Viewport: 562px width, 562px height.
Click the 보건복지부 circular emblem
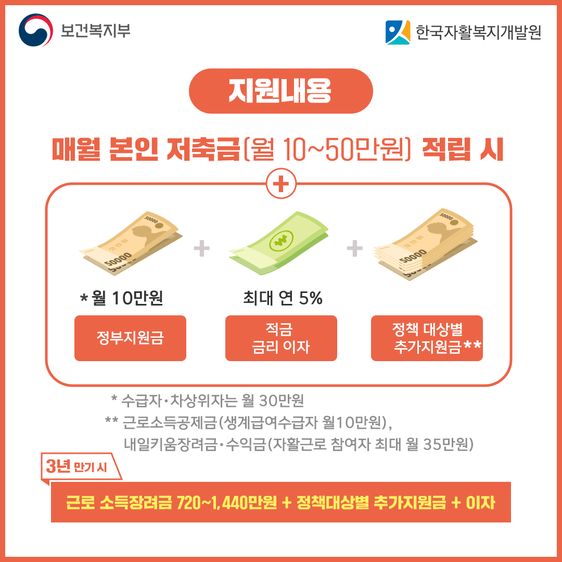pos(36,30)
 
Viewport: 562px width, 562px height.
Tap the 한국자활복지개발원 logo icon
pos(398,32)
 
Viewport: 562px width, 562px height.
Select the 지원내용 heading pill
pos(280,91)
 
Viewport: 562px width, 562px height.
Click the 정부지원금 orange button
pos(130,338)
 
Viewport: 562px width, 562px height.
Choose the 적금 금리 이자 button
pos(281,338)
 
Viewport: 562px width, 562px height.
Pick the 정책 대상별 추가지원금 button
pos(427,338)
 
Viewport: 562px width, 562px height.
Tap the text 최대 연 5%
pos(283,299)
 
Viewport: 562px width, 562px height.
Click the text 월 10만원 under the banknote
pos(127,299)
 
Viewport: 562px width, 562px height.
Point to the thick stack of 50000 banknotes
pos(427,242)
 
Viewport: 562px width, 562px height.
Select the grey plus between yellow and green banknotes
pos(201,249)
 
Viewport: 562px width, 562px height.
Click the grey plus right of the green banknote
pos(354,248)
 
